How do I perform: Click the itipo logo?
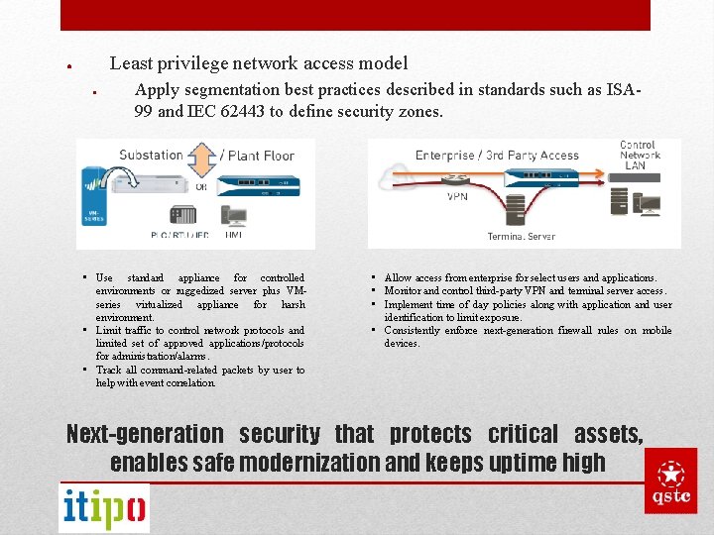click(x=104, y=508)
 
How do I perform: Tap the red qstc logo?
click(x=670, y=481)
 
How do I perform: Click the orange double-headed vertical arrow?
click(x=201, y=160)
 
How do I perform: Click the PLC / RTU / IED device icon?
click(x=182, y=215)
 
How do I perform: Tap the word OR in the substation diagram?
click(x=201, y=185)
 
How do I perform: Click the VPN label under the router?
click(x=457, y=196)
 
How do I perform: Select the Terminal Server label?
click(x=521, y=237)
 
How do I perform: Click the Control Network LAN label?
click(x=639, y=156)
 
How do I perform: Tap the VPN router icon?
click(x=457, y=180)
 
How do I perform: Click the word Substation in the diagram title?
click(x=151, y=155)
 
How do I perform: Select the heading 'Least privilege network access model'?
click(x=258, y=63)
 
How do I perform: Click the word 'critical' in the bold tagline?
click(x=524, y=434)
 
